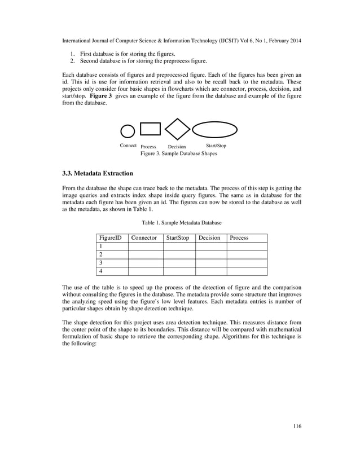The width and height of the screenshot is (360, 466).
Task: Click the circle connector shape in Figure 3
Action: (128, 131)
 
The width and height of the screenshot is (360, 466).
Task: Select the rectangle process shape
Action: (150, 129)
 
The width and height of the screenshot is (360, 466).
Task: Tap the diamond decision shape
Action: (177, 129)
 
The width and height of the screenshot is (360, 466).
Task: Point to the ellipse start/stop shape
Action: (215, 130)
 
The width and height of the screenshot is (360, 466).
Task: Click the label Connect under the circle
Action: (128, 146)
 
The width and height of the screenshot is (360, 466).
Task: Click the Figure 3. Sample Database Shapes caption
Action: (178, 153)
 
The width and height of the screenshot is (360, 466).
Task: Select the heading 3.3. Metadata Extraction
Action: (97, 173)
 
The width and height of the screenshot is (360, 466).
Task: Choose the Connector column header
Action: (144, 238)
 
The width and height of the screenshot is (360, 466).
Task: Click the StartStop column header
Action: (178, 238)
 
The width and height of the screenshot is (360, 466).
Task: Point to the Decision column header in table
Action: (209, 238)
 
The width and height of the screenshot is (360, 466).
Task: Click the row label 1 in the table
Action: (100, 247)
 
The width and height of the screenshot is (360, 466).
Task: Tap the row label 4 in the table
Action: (100, 271)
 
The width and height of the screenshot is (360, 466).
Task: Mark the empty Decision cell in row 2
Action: (211, 255)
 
